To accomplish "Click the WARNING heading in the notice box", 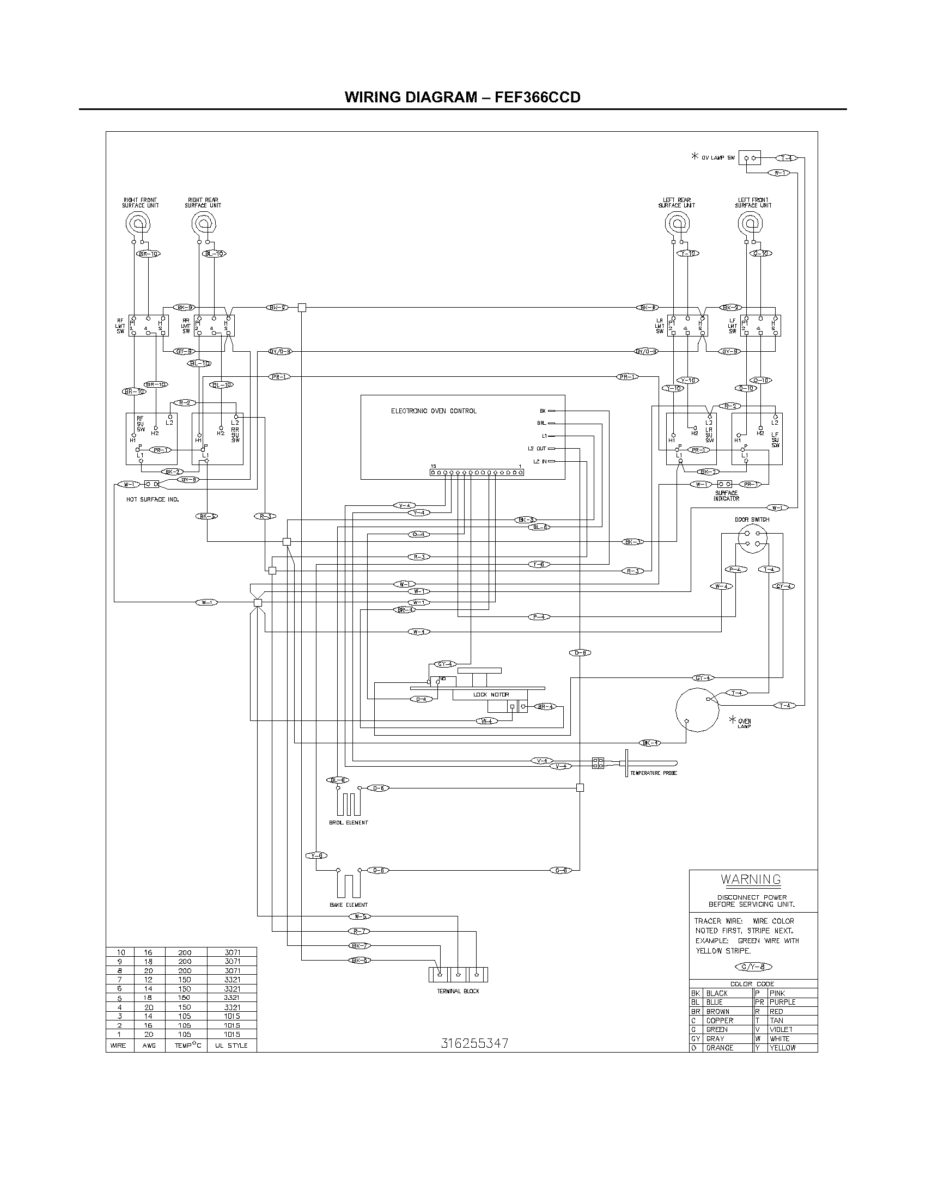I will [x=751, y=879].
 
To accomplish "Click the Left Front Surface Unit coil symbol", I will [x=750, y=223].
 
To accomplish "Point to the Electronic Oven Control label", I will [x=434, y=411].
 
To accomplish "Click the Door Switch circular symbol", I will [x=752, y=539].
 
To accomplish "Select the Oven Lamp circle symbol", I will [x=697, y=710].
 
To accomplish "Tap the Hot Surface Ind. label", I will [x=153, y=500].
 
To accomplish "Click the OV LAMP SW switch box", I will [x=750, y=158].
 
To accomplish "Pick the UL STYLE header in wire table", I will [x=231, y=1046].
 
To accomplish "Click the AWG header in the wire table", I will [x=149, y=1046].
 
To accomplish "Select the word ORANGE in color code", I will [x=720, y=1048].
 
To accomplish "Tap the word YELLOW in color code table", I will [x=782, y=1048].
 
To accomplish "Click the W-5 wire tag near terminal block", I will [x=360, y=916].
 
